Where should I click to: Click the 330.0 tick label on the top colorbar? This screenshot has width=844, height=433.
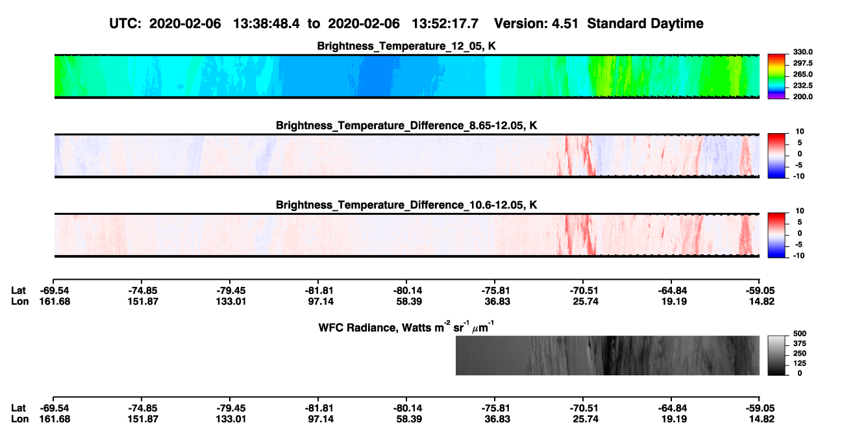click(x=802, y=52)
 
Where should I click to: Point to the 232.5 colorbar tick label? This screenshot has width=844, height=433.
click(x=802, y=86)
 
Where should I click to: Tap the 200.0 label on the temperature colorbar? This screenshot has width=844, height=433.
click(x=802, y=97)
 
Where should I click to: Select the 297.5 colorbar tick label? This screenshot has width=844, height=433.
click(x=802, y=64)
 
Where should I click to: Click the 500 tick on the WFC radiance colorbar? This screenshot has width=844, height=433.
click(x=800, y=334)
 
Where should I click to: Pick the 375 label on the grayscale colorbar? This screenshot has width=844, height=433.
click(x=800, y=343)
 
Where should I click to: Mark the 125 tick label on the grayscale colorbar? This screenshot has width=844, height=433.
click(x=800, y=364)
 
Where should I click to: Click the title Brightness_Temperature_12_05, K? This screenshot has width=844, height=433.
click(x=406, y=46)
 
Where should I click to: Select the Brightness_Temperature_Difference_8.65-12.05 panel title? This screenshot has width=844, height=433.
click(x=406, y=125)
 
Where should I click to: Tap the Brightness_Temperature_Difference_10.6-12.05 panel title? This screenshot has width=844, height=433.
click(x=406, y=205)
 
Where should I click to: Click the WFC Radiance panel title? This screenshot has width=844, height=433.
click(x=406, y=327)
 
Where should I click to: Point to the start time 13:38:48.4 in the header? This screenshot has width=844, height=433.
click(x=266, y=24)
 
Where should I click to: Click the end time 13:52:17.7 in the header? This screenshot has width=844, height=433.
click(x=445, y=24)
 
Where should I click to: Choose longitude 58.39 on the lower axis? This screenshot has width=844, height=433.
click(x=409, y=419)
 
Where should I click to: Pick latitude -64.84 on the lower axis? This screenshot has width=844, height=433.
click(x=672, y=408)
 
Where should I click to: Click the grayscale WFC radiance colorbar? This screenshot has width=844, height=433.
click(x=776, y=355)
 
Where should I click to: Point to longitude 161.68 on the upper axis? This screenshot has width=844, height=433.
click(x=55, y=301)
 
